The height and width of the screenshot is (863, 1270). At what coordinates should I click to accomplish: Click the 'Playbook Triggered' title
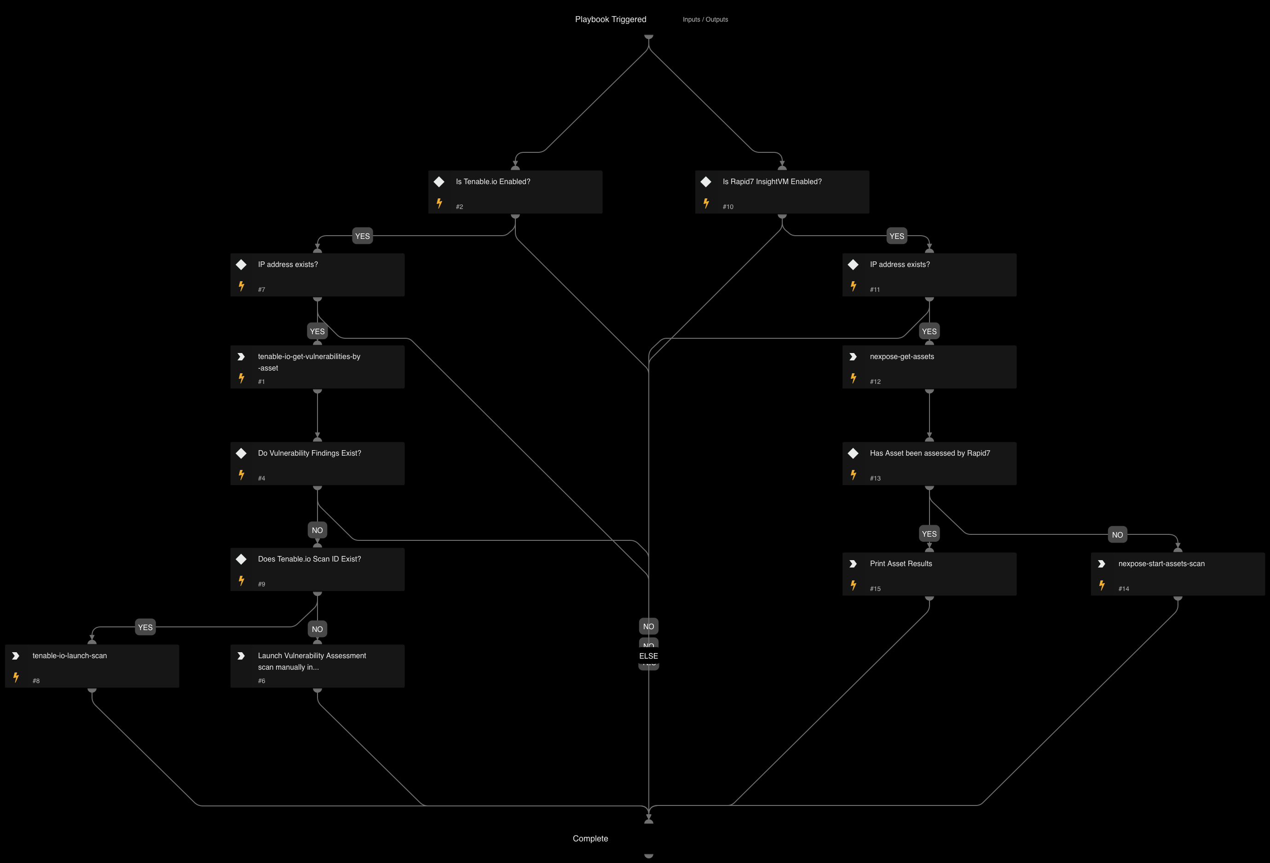(x=611, y=19)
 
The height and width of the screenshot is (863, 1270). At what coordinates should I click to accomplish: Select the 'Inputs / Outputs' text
(x=705, y=20)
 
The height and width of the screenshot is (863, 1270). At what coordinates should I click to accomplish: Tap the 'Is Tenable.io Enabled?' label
(x=493, y=181)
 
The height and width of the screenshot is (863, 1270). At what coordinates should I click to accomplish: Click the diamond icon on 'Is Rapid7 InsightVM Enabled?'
(x=706, y=181)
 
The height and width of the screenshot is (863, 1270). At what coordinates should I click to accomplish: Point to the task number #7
(x=261, y=290)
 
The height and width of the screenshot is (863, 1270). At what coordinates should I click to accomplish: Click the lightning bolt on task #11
(x=853, y=286)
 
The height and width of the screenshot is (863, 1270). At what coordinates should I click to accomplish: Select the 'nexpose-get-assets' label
(x=902, y=356)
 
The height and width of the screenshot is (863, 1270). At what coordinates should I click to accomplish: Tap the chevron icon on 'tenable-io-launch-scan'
(x=16, y=656)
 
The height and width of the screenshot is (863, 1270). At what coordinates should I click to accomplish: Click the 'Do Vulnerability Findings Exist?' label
(x=309, y=453)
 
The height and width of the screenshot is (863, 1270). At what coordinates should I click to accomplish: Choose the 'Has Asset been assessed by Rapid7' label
(x=929, y=453)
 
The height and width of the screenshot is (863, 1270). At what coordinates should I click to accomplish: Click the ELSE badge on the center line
(x=649, y=656)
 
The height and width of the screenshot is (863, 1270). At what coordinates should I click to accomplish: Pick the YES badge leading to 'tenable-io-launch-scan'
(x=145, y=627)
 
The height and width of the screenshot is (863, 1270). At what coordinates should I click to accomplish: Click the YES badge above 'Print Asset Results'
(x=929, y=534)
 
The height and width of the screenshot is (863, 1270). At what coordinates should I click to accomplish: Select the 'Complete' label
(x=590, y=839)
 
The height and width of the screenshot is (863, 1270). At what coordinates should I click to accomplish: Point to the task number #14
(x=1124, y=589)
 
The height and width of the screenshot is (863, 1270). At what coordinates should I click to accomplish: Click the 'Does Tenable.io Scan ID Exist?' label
(x=309, y=559)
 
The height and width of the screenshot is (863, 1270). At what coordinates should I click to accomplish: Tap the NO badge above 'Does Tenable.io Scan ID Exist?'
(x=317, y=530)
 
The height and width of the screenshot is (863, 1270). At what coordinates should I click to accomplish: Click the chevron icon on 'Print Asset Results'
(x=853, y=563)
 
